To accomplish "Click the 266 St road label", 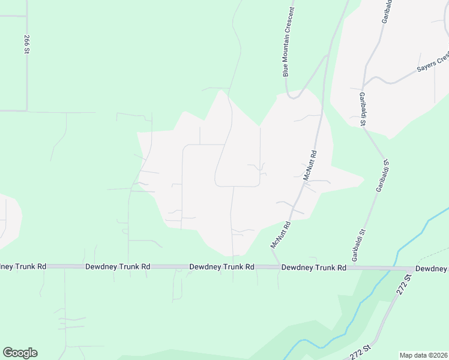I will pos(27,44).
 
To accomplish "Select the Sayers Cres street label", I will pos(433,63).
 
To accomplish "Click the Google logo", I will pos(20,353).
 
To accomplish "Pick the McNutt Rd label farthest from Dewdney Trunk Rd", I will pos(310,166).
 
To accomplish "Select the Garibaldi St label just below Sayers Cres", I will pos(363,109).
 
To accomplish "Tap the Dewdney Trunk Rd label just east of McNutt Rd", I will pos(314,268).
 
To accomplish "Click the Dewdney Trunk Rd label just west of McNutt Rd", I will pos(221,266).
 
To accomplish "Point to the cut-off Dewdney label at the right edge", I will pos(432,269).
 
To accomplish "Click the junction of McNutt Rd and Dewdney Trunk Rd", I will pos(277,266).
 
